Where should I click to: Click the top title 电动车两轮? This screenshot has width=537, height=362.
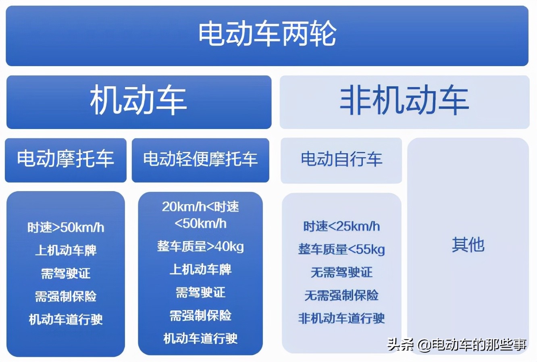click(267, 34)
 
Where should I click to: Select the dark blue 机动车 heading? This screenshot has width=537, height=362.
click(138, 101)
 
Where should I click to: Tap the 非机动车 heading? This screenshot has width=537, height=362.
click(404, 101)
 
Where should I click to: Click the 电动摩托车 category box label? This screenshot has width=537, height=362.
click(65, 159)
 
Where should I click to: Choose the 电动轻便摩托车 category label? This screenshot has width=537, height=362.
click(200, 159)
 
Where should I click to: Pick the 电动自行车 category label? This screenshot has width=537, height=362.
click(341, 159)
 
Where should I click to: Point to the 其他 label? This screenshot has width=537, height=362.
click(468, 245)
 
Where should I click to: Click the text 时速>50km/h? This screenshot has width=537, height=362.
click(66, 228)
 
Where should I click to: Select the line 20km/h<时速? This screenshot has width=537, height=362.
click(200, 207)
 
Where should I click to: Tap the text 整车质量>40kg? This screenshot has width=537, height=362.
click(200, 246)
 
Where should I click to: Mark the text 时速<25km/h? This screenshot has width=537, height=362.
click(341, 227)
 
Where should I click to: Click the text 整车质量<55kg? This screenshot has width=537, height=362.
click(341, 249)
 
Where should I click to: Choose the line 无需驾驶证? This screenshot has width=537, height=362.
click(341, 273)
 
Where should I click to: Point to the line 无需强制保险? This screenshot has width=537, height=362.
click(341, 295)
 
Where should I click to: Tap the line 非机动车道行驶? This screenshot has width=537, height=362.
click(341, 318)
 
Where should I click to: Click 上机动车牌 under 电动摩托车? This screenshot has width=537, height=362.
click(66, 250)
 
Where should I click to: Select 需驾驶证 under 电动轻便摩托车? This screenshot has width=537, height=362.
click(200, 292)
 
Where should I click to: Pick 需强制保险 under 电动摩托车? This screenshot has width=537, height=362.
click(66, 297)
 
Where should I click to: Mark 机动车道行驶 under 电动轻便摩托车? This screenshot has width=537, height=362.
click(200, 339)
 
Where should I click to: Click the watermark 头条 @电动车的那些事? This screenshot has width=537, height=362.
click(457, 345)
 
